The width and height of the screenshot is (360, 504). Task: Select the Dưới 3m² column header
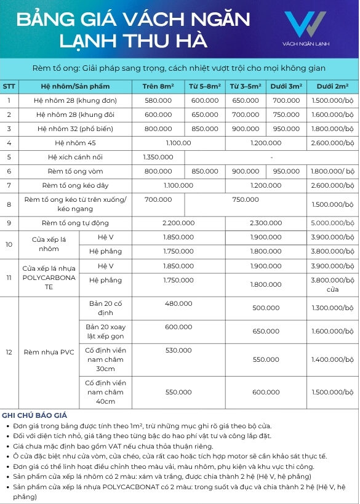(x=286, y=86)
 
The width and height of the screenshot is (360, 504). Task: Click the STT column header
(x=9, y=86)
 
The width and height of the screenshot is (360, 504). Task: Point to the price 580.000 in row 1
(x=158, y=100)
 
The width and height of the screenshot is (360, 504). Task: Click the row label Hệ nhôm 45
(x=75, y=143)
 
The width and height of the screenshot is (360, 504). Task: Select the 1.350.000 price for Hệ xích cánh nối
(x=158, y=157)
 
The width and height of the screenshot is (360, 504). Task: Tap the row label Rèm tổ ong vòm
(x=75, y=171)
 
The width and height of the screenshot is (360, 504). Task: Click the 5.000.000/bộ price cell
(x=333, y=223)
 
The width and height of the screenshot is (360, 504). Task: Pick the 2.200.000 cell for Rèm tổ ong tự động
(x=178, y=223)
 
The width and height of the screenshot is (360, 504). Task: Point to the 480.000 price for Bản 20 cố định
(x=178, y=303)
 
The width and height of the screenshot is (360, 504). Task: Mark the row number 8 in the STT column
(x=9, y=204)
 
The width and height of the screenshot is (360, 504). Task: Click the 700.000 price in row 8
(x=158, y=200)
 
